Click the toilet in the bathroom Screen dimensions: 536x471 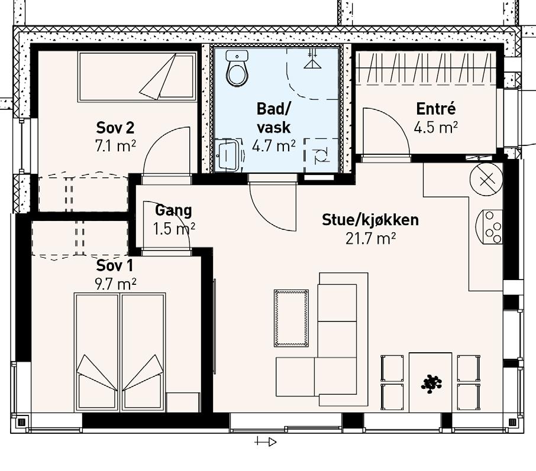tap(237, 69)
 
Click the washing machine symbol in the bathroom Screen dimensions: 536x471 tap(321, 155)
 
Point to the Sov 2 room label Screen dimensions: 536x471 tap(115, 128)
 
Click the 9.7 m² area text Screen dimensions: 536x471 tap(115, 284)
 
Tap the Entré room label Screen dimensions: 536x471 tap(436, 109)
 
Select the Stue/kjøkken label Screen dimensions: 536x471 tap(370, 220)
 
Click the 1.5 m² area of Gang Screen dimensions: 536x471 tap(174, 229)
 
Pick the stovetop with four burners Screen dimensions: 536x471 tap(489, 227)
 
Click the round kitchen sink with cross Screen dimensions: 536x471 tap(486, 180)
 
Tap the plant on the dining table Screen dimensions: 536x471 tap(431, 383)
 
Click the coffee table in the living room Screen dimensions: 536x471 tap(291, 318)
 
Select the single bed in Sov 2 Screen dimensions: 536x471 tap(137, 76)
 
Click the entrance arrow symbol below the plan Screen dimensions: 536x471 tap(266, 442)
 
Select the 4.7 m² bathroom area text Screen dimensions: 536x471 tap(274, 146)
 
